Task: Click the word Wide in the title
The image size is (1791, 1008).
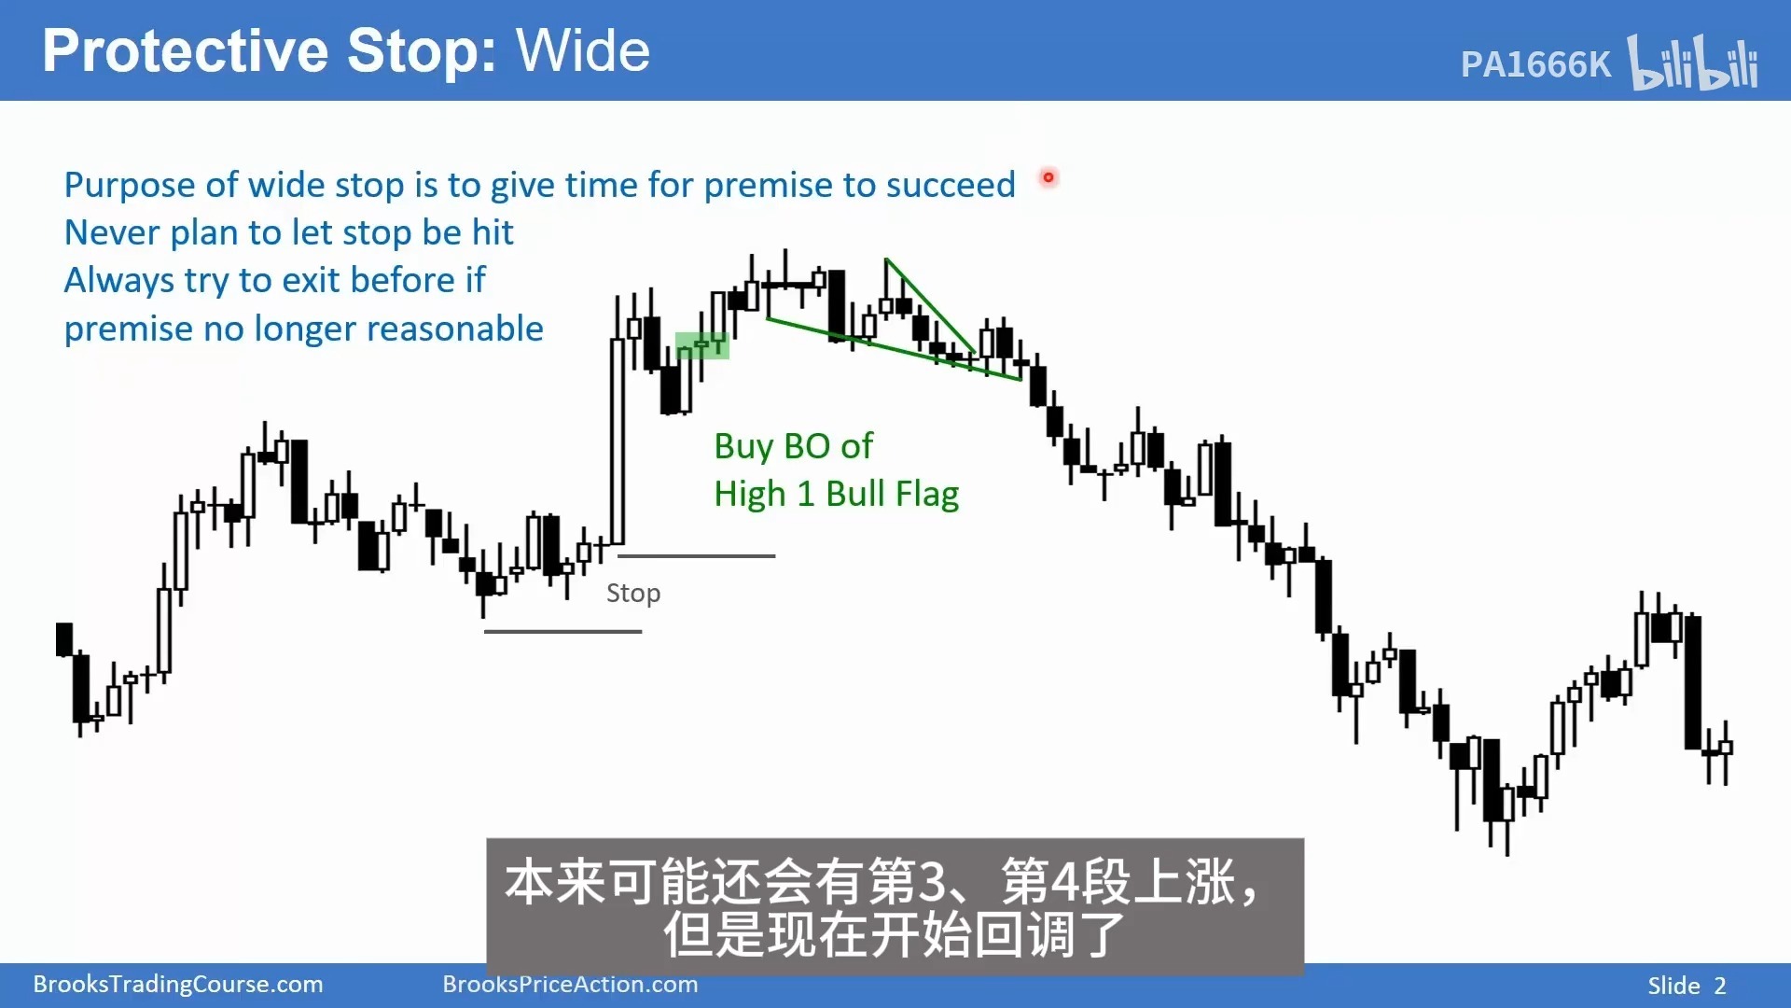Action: click(x=583, y=50)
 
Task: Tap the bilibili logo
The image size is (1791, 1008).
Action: click(x=1693, y=63)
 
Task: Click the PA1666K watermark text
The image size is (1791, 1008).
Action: click(x=1535, y=64)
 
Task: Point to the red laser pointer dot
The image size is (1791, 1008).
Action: click(x=1048, y=177)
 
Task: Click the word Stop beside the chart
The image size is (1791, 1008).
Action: click(x=633, y=594)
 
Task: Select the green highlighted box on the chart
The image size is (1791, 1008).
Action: click(x=701, y=345)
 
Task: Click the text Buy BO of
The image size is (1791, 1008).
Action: click(x=794, y=446)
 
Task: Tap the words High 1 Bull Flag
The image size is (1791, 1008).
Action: click(x=837, y=495)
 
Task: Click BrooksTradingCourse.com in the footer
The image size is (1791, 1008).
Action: click(x=178, y=985)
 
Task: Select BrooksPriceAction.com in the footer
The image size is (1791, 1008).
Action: click(x=570, y=985)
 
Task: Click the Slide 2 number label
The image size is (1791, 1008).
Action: click(x=1687, y=986)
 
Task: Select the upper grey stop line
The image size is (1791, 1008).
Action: click(x=696, y=556)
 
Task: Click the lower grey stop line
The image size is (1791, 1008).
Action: click(x=563, y=632)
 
